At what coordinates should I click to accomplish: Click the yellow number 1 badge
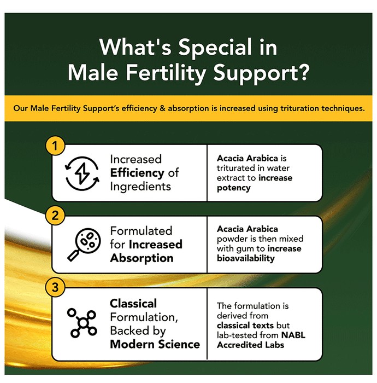click(55, 146)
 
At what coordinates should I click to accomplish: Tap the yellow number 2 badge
click(55, 216)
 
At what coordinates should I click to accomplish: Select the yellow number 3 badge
click(55, 287)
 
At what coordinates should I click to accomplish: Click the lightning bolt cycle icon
click(83, 173)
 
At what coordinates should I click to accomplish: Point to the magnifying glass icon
click(84, 245)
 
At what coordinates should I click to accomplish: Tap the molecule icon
click(82, 323)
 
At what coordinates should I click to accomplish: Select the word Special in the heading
click(215, 48)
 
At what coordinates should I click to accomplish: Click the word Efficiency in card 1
click(137, 173)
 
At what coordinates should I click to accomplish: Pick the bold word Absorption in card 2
click(142, 258)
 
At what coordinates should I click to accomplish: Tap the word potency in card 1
click(234, 188)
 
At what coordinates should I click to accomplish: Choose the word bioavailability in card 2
click(245, 258)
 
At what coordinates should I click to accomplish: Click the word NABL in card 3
click(293, 335)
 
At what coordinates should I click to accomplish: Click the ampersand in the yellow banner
click(163, 108)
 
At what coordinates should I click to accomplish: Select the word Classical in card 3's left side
click(133, 304)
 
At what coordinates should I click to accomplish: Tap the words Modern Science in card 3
click(155, 344)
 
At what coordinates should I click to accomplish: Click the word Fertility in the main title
click(166, 73)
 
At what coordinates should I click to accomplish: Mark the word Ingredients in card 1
click(140, 187)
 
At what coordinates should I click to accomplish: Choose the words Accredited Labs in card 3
click(250, 345)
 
